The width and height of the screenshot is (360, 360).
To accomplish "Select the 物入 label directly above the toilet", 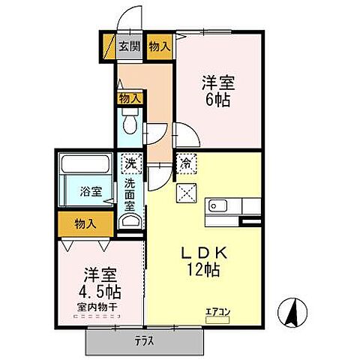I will coord(129,97).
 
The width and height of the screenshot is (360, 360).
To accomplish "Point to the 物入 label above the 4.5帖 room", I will coord(85,223).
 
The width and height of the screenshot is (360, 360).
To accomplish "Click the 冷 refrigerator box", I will coord(184,160).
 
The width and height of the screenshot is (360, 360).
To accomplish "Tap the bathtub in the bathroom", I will coord(85,164).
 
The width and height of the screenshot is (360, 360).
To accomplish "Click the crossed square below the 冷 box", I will coord(184,192).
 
